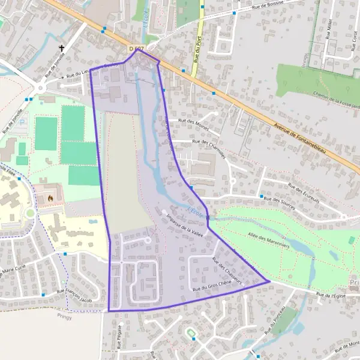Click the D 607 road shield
tap(137, 47)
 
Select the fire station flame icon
tap(50, 196)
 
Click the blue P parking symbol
tap(23, 122)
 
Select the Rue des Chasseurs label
tap(226, 269)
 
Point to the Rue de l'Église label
tap(332, 294)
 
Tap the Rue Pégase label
tap(119, 337)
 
